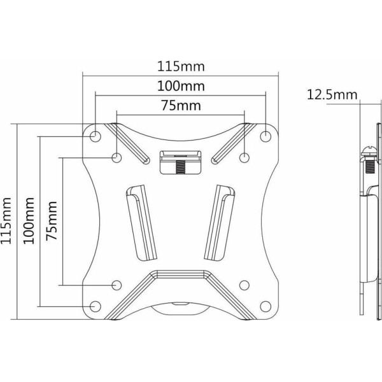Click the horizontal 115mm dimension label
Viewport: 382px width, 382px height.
[x=181, y=66]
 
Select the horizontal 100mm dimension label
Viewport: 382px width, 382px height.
[x=181, y=86]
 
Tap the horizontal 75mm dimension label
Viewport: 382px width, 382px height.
[x=181, y=106]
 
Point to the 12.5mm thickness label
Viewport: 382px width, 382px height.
[x=332, y=94]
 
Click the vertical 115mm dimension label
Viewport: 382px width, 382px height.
[x=6, y=221]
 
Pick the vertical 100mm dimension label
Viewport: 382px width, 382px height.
[x=29, y=221]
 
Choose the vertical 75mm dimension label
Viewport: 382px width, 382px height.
[x=52, y=221]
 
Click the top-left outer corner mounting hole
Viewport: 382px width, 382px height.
[x=95, y=136]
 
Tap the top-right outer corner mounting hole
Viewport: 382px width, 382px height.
[x=265, y=136]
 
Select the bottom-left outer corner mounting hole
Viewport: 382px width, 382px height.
[x=95, y=306]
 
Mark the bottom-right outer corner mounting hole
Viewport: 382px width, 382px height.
[x=265, y=306]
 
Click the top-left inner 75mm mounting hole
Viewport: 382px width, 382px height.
[x=117, y=158]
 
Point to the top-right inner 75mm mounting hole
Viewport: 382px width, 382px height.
[x=244, y=158]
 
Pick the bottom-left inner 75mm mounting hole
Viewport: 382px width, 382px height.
[x=117, y=285]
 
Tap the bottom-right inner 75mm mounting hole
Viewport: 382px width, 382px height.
[x=244, y=285]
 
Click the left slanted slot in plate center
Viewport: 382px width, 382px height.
[x=141, y=222]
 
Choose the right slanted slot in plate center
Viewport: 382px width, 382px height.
[x=220, y=222]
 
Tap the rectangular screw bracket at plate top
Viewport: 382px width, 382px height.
[x=181, y=162]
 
